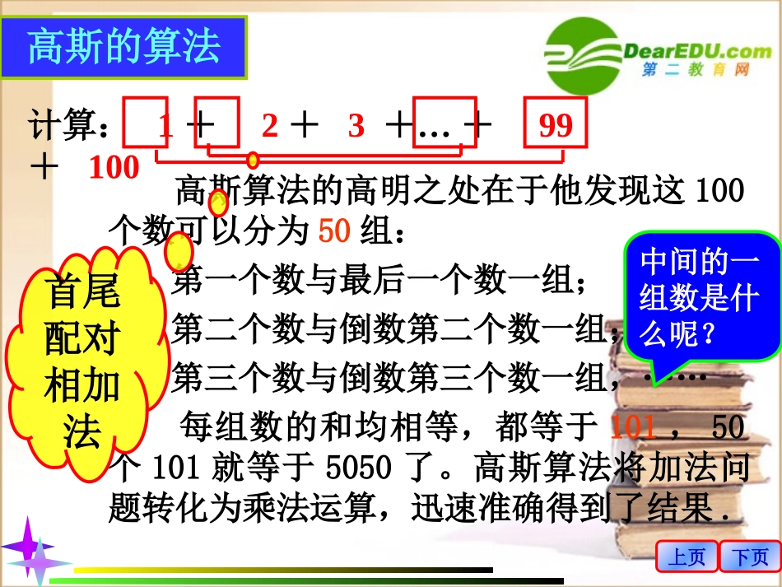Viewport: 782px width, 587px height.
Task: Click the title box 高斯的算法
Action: [124, 46]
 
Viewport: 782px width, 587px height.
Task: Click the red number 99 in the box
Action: [556, 125]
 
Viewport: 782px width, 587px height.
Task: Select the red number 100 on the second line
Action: [114, 168]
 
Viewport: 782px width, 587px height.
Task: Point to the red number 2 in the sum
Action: [270, 126]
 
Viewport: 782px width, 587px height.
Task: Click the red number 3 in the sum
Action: [356, 126]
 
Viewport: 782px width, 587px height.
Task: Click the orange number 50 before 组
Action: [334, 231]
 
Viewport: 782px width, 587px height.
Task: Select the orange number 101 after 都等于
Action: [633, 427]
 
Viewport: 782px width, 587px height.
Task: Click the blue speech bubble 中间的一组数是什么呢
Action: [701, 300]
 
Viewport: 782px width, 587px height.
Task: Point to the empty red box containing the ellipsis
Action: [445, 126]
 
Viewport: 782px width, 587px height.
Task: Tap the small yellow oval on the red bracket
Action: [253, 160]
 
